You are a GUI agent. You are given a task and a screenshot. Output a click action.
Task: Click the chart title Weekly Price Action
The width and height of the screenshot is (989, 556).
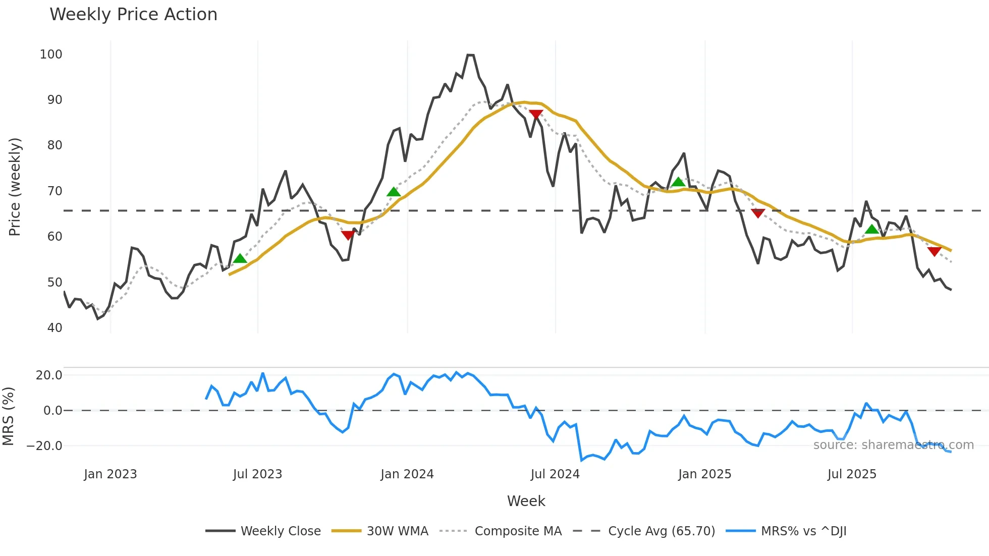pyautogui.click(x=133, y=15)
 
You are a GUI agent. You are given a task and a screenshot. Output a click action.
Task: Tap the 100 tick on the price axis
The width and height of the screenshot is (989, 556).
pyautogui.click(x=51, y=54)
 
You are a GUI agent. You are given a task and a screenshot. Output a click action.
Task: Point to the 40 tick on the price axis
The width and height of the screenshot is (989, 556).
pyautogui.click(x=54, y=328)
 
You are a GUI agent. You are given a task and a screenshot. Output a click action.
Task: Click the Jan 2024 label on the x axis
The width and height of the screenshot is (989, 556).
pyautogui.click(x=407, y=474)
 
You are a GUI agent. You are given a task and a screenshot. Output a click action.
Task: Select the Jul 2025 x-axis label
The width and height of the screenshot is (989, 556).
pyautogui.click(x=852, y=474)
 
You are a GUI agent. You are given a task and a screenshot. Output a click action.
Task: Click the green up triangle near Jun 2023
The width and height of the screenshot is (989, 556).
pyautogui.click(x=240, y=259)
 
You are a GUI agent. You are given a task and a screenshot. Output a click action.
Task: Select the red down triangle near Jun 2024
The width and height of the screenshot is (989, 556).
pyautogui.click(x=536, y=115)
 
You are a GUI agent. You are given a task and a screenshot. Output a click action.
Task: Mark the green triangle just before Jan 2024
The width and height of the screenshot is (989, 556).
pyautogui.click(x=394, y=192)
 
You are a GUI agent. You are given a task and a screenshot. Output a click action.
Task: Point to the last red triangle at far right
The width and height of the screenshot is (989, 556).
pyautogui.click(x=934, y=251)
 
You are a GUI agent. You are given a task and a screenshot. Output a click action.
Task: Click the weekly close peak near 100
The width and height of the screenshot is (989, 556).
pyautogui.click(x=470, y=54)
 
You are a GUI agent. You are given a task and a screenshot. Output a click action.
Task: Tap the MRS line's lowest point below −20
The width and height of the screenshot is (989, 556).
pyautogui.click(x=581, y=460)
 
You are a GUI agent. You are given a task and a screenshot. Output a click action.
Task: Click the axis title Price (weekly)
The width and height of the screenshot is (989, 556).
pyautogui.click(x=15, y=187)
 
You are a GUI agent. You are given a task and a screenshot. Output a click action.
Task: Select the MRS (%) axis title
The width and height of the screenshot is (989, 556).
pyautogui.click(x=8, y=416)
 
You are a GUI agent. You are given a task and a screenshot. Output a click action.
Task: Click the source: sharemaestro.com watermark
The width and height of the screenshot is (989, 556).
pyautogui.click(x=893, y=445)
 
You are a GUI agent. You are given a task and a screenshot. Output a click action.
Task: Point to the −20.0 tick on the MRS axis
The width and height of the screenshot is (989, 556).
pyautogui.click(x=44, y=446)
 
